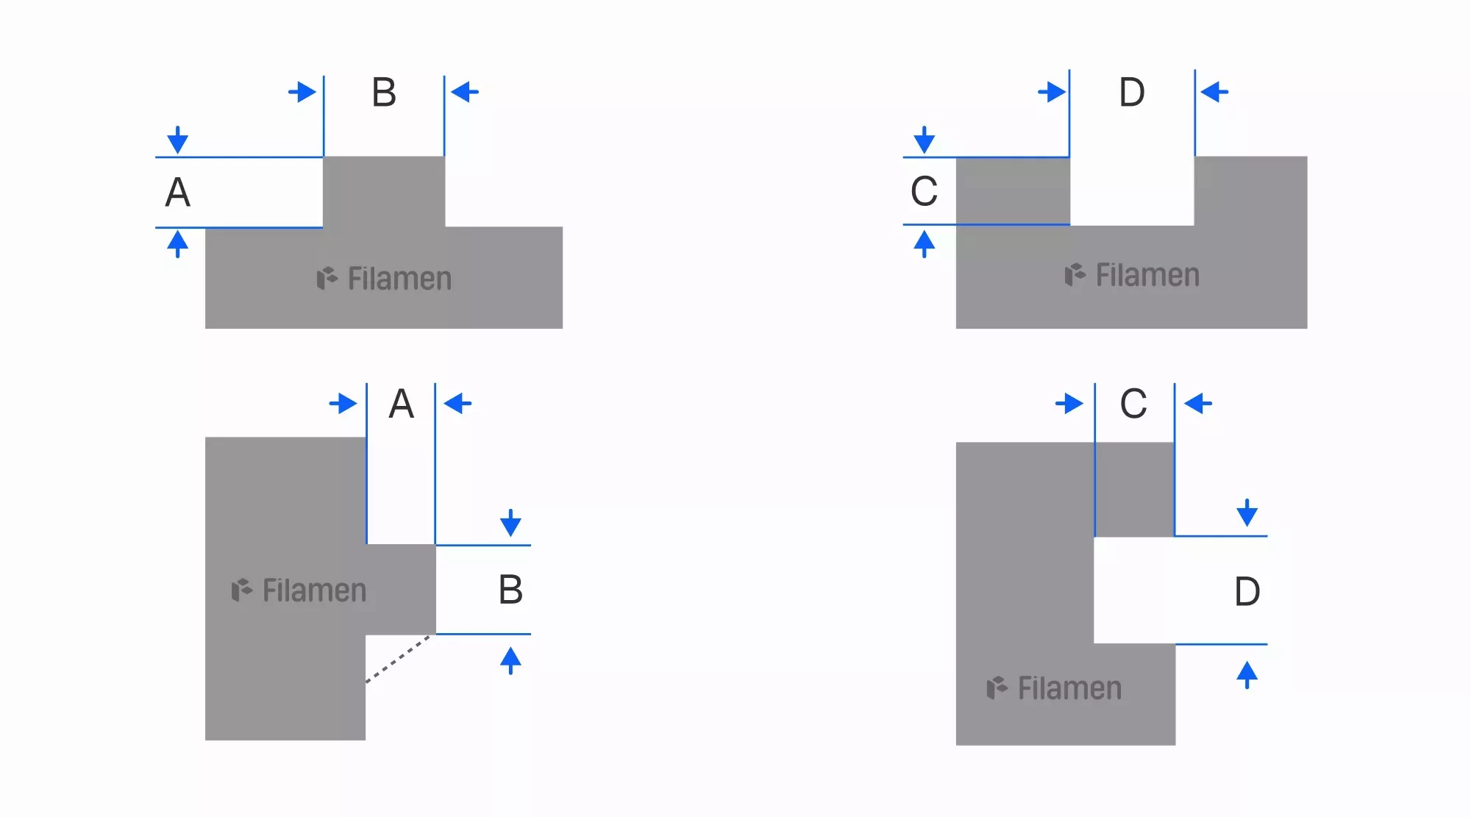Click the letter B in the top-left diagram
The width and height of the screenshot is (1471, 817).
[384, 93]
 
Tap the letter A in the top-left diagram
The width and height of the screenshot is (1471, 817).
[177, 193]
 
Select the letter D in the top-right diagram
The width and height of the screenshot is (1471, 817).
[1132, 93]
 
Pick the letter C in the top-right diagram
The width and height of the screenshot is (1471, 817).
[924, 192]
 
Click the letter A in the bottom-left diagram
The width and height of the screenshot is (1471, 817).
[401, 404]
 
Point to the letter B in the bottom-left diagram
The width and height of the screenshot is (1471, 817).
[510, 590]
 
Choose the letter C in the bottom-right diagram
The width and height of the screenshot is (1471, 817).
[1133, 404]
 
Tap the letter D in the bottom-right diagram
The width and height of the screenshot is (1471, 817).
[1247, 592]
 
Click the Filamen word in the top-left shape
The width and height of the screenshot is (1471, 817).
[399, 279]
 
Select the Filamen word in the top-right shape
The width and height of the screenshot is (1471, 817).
[1147, 276]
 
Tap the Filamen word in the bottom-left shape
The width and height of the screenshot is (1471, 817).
[314, 591]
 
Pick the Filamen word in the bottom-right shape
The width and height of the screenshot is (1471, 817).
[1069, 689]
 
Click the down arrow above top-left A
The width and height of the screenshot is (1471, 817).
[177, 140]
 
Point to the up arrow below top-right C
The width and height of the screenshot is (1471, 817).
[924, 244]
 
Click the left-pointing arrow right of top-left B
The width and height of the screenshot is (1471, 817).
[465, 93]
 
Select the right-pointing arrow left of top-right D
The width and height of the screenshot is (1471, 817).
[1052, 93]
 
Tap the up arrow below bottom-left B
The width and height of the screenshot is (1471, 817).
[510, 660]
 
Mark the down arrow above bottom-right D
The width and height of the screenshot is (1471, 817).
[1247, 513]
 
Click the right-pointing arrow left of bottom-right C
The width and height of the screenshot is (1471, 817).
[1069, 404]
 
